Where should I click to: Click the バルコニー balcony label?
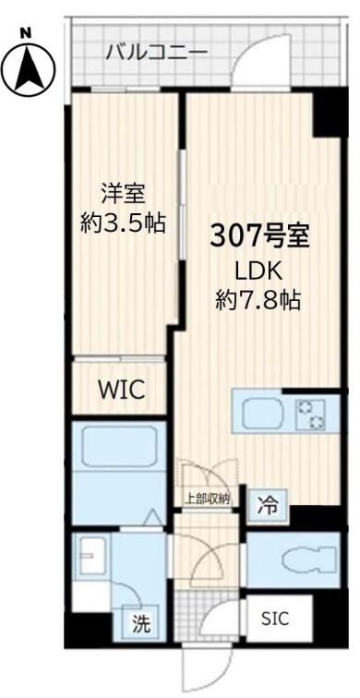tap(155, 50)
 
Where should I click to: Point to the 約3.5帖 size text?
tap(124, 223)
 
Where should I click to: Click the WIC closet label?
tap(121, 389)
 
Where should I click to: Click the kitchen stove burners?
tap(309, 415)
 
